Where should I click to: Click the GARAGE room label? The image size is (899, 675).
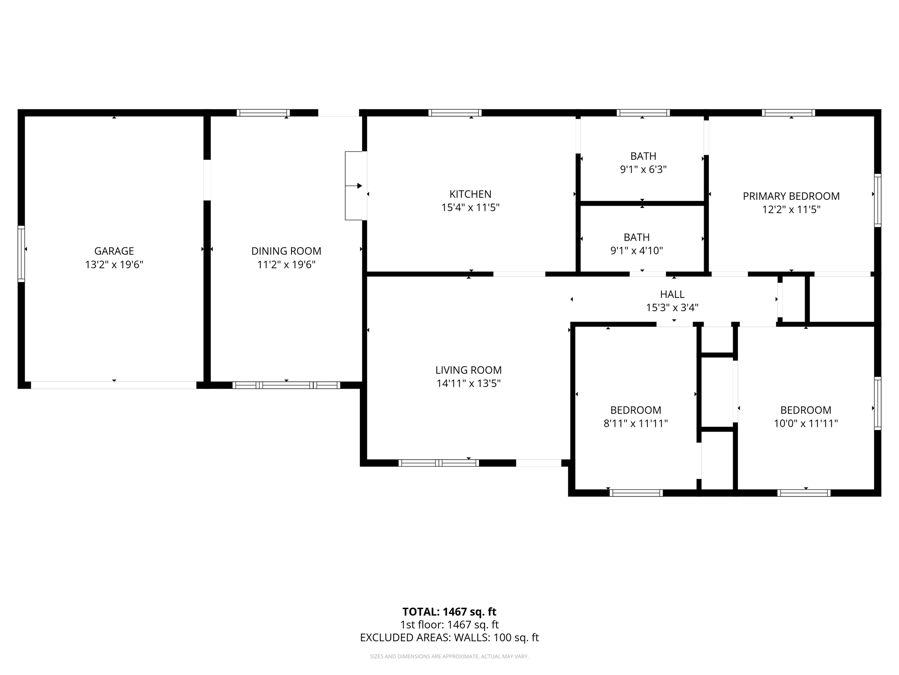114,251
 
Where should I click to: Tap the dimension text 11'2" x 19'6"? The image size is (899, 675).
286,265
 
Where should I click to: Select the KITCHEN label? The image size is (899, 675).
470,194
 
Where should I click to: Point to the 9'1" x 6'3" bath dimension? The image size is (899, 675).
643,170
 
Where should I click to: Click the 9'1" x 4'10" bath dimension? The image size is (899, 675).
636,251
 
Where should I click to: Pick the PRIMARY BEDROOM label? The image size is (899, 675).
791,196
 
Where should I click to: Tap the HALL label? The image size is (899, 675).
672,294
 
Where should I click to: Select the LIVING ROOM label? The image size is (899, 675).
468,370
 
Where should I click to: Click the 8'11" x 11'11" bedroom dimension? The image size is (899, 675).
636,424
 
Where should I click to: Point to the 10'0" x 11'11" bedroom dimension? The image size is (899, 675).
806,424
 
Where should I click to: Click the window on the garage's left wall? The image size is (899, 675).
21,253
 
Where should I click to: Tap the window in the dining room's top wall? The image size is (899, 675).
263,113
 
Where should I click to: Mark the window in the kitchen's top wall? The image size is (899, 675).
455,113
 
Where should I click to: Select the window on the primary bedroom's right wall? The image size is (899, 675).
877,200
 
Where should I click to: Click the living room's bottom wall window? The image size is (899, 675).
439,463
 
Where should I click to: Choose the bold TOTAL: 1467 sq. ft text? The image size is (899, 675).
449,612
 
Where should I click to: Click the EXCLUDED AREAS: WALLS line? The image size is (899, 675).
449,638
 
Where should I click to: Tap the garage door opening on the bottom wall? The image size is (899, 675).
113,385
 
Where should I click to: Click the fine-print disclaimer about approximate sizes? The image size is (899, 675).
449,657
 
